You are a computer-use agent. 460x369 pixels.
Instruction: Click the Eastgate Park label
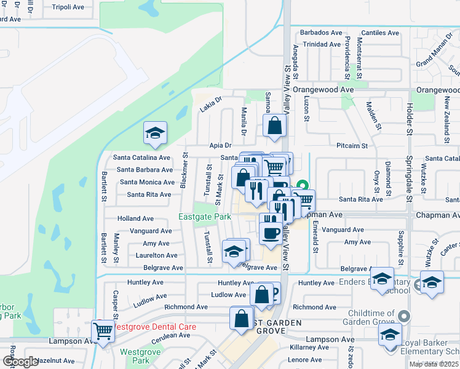tap(205, 216)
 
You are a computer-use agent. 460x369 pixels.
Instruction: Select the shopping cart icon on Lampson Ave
tap(103, 330)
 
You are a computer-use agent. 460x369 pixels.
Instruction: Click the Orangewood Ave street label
tap(323, 89)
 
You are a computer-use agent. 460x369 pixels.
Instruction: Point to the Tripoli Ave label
tap(68, 7)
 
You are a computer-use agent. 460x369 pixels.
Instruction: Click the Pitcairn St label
tap(352, 146)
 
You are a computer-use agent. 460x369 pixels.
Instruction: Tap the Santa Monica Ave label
tap(147, 182)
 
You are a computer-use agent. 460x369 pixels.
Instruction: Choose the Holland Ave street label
tap(136, 218)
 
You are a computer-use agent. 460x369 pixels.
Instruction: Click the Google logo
tap(20, 362)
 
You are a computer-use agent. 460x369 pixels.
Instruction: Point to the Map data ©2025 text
tap(434, 364)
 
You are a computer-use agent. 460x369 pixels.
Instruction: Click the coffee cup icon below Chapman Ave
tap(271, 232)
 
